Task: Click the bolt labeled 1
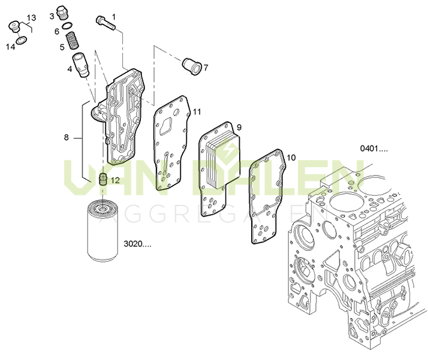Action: point(106,23)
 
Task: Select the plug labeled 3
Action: point(62,13)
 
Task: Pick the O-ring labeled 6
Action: point(67,26)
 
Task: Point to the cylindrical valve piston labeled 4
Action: point(81,65)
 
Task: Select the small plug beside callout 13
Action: point(14,26)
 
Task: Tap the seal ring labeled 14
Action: point(21,40)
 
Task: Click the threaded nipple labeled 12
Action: point(103,180)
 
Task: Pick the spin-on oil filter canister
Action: point(103,231)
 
